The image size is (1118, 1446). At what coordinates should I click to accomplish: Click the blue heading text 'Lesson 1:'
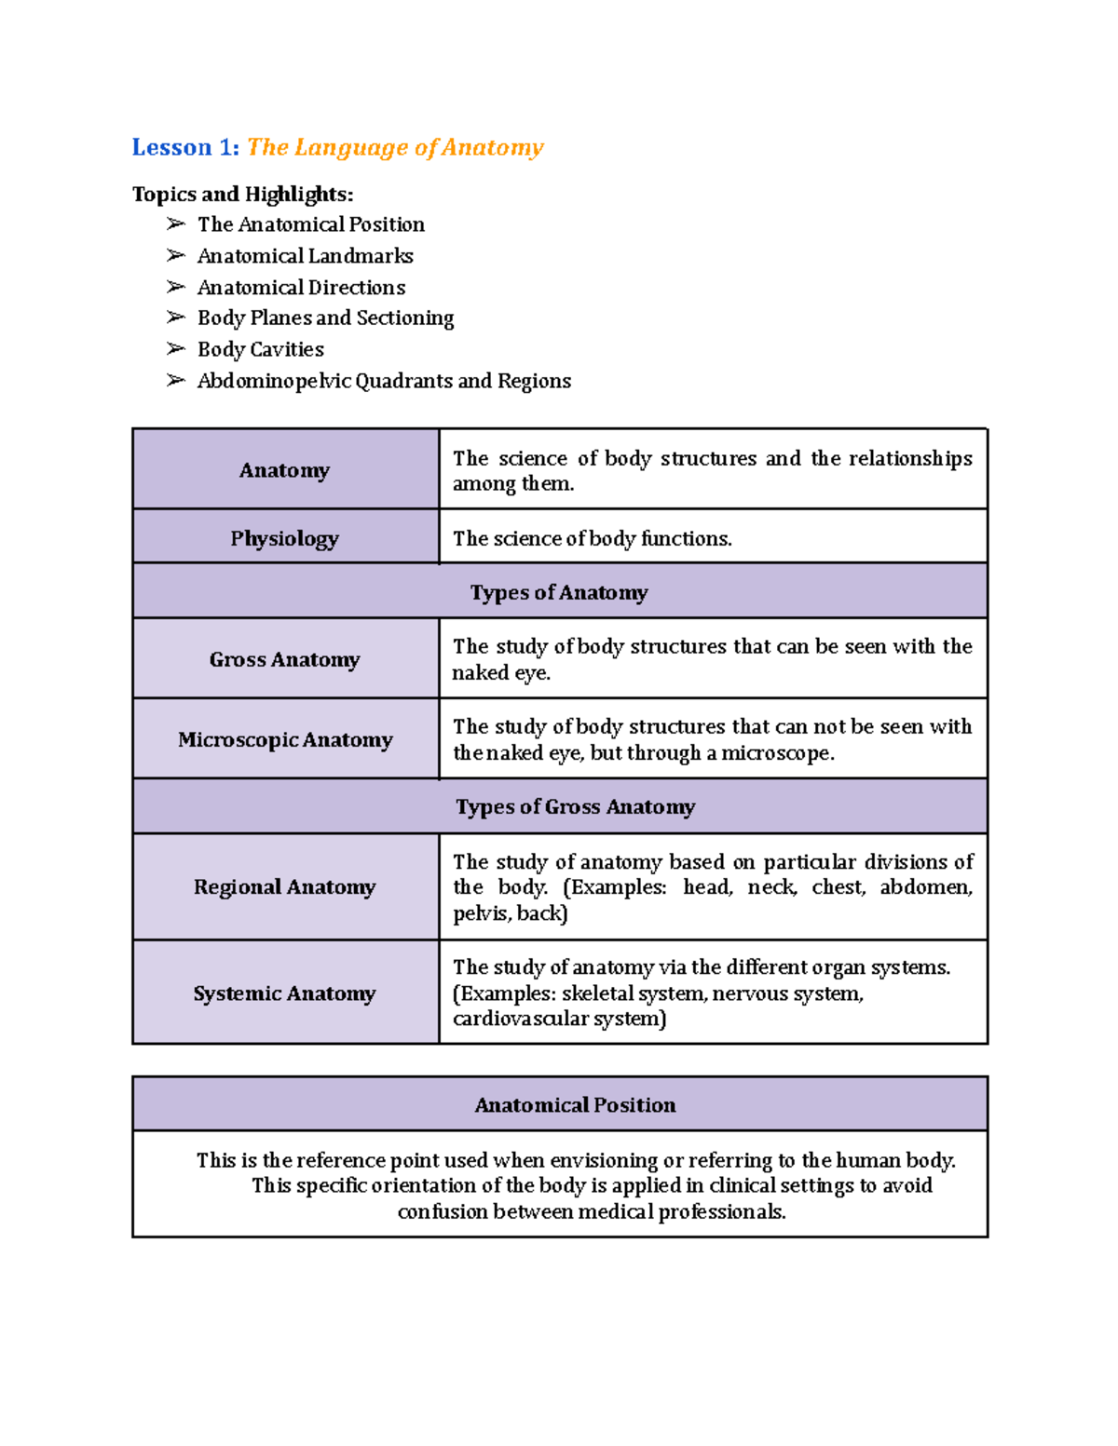pos(185,147)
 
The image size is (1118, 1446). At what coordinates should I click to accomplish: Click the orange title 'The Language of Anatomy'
pos(395,147)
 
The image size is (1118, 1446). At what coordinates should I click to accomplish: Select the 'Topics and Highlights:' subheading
pos(242,194)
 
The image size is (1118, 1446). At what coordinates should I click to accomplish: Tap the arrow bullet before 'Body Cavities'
pos(176,349)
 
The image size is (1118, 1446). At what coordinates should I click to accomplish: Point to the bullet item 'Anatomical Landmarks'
pos(305,256)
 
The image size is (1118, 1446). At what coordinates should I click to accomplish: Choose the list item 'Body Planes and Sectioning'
pos(325,318)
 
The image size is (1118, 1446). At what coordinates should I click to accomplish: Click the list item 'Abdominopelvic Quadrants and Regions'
pos(384,381)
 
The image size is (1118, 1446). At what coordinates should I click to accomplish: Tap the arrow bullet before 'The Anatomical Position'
pos(176,224)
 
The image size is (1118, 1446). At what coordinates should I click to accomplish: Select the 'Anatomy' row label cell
pos(285,470)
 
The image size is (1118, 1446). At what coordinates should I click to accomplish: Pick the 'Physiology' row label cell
pos(285,538)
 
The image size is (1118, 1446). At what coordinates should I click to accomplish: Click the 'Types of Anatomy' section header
pos(559,592)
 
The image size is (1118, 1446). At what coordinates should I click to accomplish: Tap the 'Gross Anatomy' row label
pos(285,659)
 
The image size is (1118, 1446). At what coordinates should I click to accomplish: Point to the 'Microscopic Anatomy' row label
pos(285,739)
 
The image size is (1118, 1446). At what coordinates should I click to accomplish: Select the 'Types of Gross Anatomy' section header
pos(575,806)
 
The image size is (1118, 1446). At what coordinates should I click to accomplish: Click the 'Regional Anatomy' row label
pos(285,886)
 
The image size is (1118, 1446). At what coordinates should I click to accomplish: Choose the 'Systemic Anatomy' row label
pos(285,993)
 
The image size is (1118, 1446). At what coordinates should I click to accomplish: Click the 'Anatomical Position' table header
pos(575,1105)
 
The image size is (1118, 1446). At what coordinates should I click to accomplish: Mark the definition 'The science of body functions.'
pos(593,538)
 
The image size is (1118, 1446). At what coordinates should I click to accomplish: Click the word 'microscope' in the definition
pos(775,752)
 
